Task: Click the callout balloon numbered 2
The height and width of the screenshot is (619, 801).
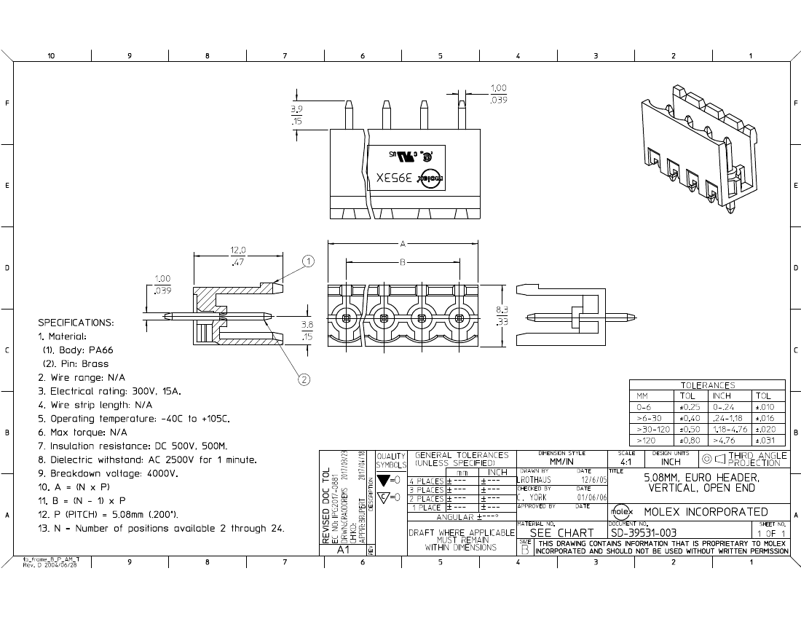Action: coord(304,378)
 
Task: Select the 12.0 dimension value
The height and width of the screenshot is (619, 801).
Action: coord(238,250)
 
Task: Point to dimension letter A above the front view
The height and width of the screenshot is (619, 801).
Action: coord(402,243)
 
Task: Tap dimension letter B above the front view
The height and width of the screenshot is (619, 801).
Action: coord(402,261)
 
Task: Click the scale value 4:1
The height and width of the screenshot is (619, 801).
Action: coord(626,462)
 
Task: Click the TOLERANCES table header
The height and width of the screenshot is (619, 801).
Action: coord(707,385)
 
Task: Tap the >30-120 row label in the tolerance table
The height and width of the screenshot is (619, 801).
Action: coord(652,430)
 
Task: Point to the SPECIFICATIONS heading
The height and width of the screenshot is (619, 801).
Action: coord(76,322)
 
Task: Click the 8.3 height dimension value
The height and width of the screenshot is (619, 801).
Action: coord(502,309)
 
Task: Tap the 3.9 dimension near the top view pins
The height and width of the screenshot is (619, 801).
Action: coord(296,109)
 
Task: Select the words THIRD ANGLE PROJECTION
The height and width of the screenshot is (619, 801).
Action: coord(757,459)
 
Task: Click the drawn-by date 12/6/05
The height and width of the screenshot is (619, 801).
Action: coord(591,479)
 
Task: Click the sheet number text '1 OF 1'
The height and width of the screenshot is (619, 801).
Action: coord(771,533)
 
